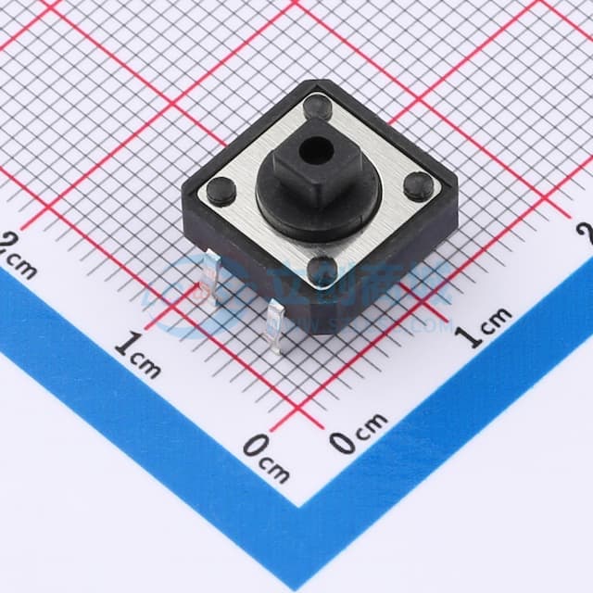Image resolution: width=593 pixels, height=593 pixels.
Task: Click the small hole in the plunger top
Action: pos(319,146)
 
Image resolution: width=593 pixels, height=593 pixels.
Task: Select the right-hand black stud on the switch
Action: pos(416,184)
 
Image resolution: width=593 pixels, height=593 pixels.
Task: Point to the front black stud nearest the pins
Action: pos(321,269)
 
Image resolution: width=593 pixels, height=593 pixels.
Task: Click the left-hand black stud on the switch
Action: pos(221,192)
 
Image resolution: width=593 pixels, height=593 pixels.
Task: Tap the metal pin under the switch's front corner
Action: pos(275,330)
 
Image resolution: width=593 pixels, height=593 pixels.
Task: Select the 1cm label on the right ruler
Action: pos(486,326)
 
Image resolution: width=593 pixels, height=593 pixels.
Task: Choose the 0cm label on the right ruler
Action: pos(359,433)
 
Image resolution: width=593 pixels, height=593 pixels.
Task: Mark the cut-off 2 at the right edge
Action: pos(586,231)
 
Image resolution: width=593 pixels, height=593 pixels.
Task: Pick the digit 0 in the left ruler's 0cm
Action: pos(255,448)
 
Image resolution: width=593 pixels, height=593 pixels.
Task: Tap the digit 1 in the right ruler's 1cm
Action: pos(473,335)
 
